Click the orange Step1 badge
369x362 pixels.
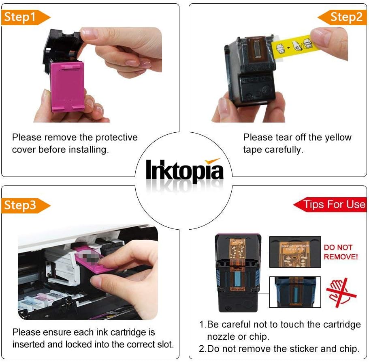tap(26, 17)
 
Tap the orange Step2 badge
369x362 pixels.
tap(342, 17)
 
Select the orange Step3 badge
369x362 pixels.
tap(26, 205)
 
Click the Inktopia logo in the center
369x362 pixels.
tap(184, 171)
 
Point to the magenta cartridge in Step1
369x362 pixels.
tap(68, 86)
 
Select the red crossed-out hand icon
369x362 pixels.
tap(341, 293)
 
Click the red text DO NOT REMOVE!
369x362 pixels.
tap(341, 252)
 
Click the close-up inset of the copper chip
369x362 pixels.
tap(295, 252)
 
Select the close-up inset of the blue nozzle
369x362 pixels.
tap(295, 292)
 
